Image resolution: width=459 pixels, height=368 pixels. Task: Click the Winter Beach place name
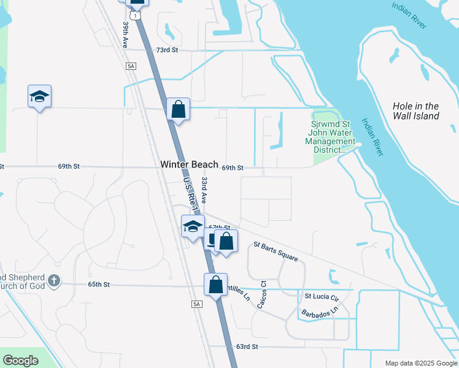189,164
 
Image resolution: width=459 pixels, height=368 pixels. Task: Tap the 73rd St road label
166,50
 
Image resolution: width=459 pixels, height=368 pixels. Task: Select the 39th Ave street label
125,36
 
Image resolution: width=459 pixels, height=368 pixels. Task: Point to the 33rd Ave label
204,190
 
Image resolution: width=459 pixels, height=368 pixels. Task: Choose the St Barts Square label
276,251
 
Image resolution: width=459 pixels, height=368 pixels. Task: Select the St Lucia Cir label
322,297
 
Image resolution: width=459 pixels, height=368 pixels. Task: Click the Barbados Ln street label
319,313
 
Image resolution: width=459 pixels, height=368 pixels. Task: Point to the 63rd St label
247,347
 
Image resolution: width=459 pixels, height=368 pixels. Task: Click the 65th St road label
98,285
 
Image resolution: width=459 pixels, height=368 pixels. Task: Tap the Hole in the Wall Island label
416,111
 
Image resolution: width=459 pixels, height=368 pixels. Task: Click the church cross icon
54,280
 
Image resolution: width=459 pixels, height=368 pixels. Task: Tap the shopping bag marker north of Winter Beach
179,110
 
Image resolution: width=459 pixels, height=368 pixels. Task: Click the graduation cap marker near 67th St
193,226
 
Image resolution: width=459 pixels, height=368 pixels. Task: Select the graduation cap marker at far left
39,97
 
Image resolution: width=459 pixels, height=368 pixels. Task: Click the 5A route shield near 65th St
196,304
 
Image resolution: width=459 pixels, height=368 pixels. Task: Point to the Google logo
20,361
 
